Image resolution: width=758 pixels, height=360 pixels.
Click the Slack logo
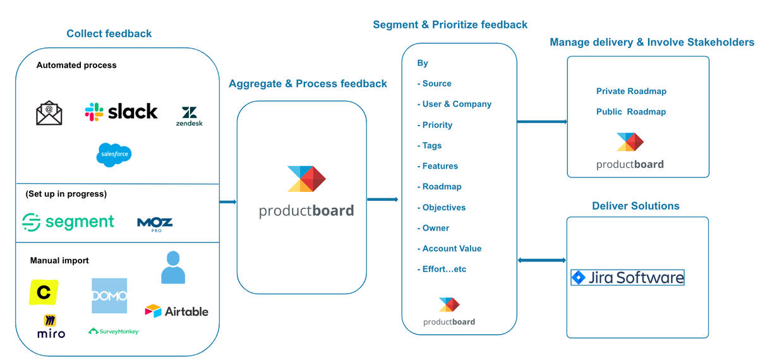pyautogui.click(x=121, y=112)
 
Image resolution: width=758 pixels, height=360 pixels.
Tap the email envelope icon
pyautogui.click(x=49, y=113)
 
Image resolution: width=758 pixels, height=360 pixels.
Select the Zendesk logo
pyautogui.click(x=189, y=116)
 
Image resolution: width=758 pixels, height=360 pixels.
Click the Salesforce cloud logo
pyautogui.click(x=114, y=155)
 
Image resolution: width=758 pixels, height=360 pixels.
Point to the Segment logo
pyautogui.click(x=68, y=222)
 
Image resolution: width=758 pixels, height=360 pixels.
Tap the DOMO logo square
pyautogui.click(x=109, y=296)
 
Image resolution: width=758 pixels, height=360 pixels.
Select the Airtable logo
pyautogui.click(x=176, y=311)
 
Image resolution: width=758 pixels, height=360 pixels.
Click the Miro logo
pyautogui.click(x=51, y=327)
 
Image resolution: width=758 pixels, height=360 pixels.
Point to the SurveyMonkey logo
pyautogui.click(x=114, y=331)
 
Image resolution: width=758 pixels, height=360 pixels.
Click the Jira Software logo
pyautogui.click(x=627, y=277)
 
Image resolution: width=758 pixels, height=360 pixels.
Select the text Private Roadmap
pyautogui.click(x=631, y=91)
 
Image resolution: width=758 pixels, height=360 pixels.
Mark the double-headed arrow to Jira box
pyautogui.click(x=541, y=260)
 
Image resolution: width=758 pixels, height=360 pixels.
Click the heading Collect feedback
pyautogui.click(x=109, y=33)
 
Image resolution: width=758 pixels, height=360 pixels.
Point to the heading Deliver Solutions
pyautogui.click(x=635, y=206)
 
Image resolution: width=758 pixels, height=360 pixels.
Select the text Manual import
pyautogui.click(x=59, y=260)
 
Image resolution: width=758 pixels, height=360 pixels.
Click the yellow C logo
pyautogui.click(x=44, y=292)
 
